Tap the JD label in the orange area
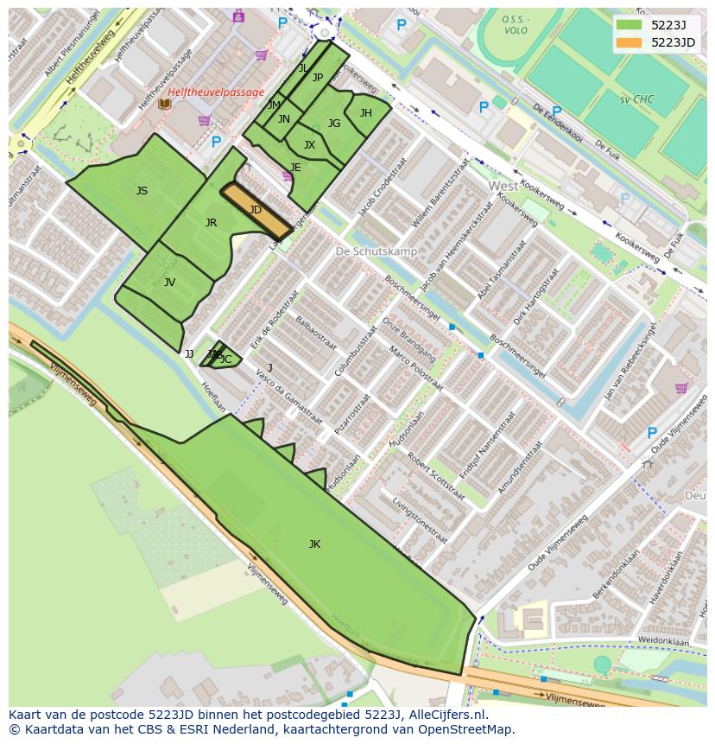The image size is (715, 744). click(255, 210)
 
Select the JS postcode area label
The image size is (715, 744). click(142, 191)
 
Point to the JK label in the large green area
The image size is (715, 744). click(314, 544)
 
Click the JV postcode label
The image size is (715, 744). click(169, 283)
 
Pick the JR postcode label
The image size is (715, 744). click(211, 223)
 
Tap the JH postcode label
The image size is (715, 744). click(366, 113)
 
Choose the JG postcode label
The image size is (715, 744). click(333, 124)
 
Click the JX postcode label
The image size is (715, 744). click(309, 145)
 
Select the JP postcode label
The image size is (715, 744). click(317, 78)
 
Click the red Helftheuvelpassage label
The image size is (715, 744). click(216, 92)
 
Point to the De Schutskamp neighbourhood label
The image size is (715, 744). click(376, 251)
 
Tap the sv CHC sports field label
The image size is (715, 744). click(636, 99)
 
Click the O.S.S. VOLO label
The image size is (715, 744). click(516, 25)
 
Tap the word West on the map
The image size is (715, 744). click(503, 186)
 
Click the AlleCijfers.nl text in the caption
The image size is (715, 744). click(446, 715)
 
